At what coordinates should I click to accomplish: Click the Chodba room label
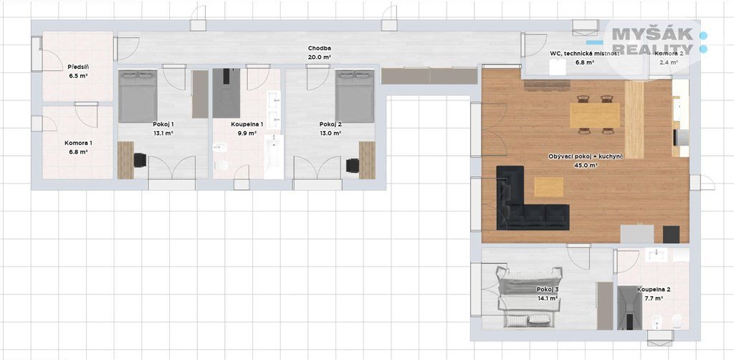tap(319, 48)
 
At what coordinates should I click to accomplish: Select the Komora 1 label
tap(78, 143)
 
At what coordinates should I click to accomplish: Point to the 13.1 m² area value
tap(163, 133)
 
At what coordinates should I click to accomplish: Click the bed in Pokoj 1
tap(138, 96)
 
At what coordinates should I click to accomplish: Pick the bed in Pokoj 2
tap(355, 96)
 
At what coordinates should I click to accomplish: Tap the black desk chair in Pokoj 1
tap(140, 160)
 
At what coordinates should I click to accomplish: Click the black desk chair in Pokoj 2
tap(353, 166)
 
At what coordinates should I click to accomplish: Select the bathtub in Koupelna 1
tap(274, 157)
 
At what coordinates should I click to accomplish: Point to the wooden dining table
tap(594, 115)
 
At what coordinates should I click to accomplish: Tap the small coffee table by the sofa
tap(549, 186)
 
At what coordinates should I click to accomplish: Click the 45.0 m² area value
tap(586, 165)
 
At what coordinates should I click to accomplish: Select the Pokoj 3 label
tap(547, 290)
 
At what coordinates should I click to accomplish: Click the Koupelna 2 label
tap(650, 290)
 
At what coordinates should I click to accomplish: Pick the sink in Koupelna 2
tap(657, 255)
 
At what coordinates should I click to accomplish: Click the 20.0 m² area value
tap(320, 57)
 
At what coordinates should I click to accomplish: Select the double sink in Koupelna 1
tap(274, 110)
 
